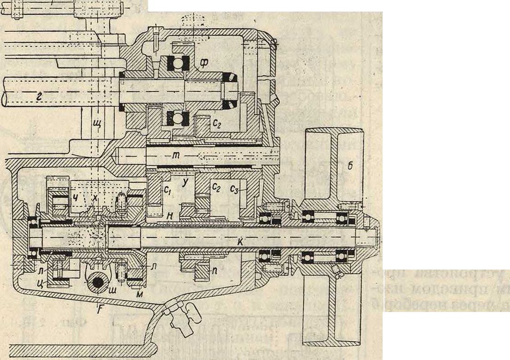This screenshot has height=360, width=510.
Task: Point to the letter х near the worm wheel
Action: (95, 197)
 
